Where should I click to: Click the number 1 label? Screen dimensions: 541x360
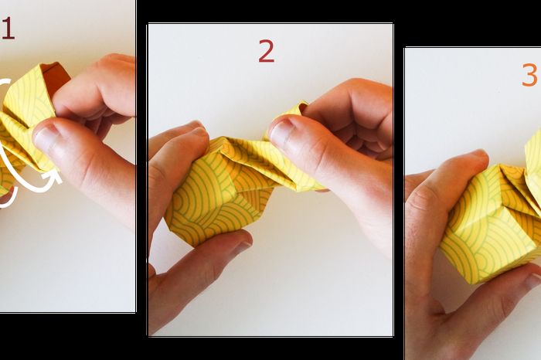[x=8, y=29]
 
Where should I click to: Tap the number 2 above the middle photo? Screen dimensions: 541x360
[x=267, y=51]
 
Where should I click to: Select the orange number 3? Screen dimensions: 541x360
[x=529, y=75]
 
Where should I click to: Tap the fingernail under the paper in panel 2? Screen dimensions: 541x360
[x=243, y=246]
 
